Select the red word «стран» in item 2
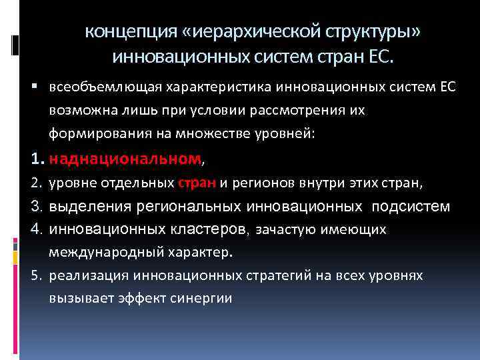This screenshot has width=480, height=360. (x=197, y=183)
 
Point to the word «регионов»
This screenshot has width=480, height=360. (x=262, y=183)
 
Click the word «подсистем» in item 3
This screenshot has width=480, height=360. (x=411, y=206)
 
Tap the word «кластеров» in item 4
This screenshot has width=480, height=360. (x=207, y=229)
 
